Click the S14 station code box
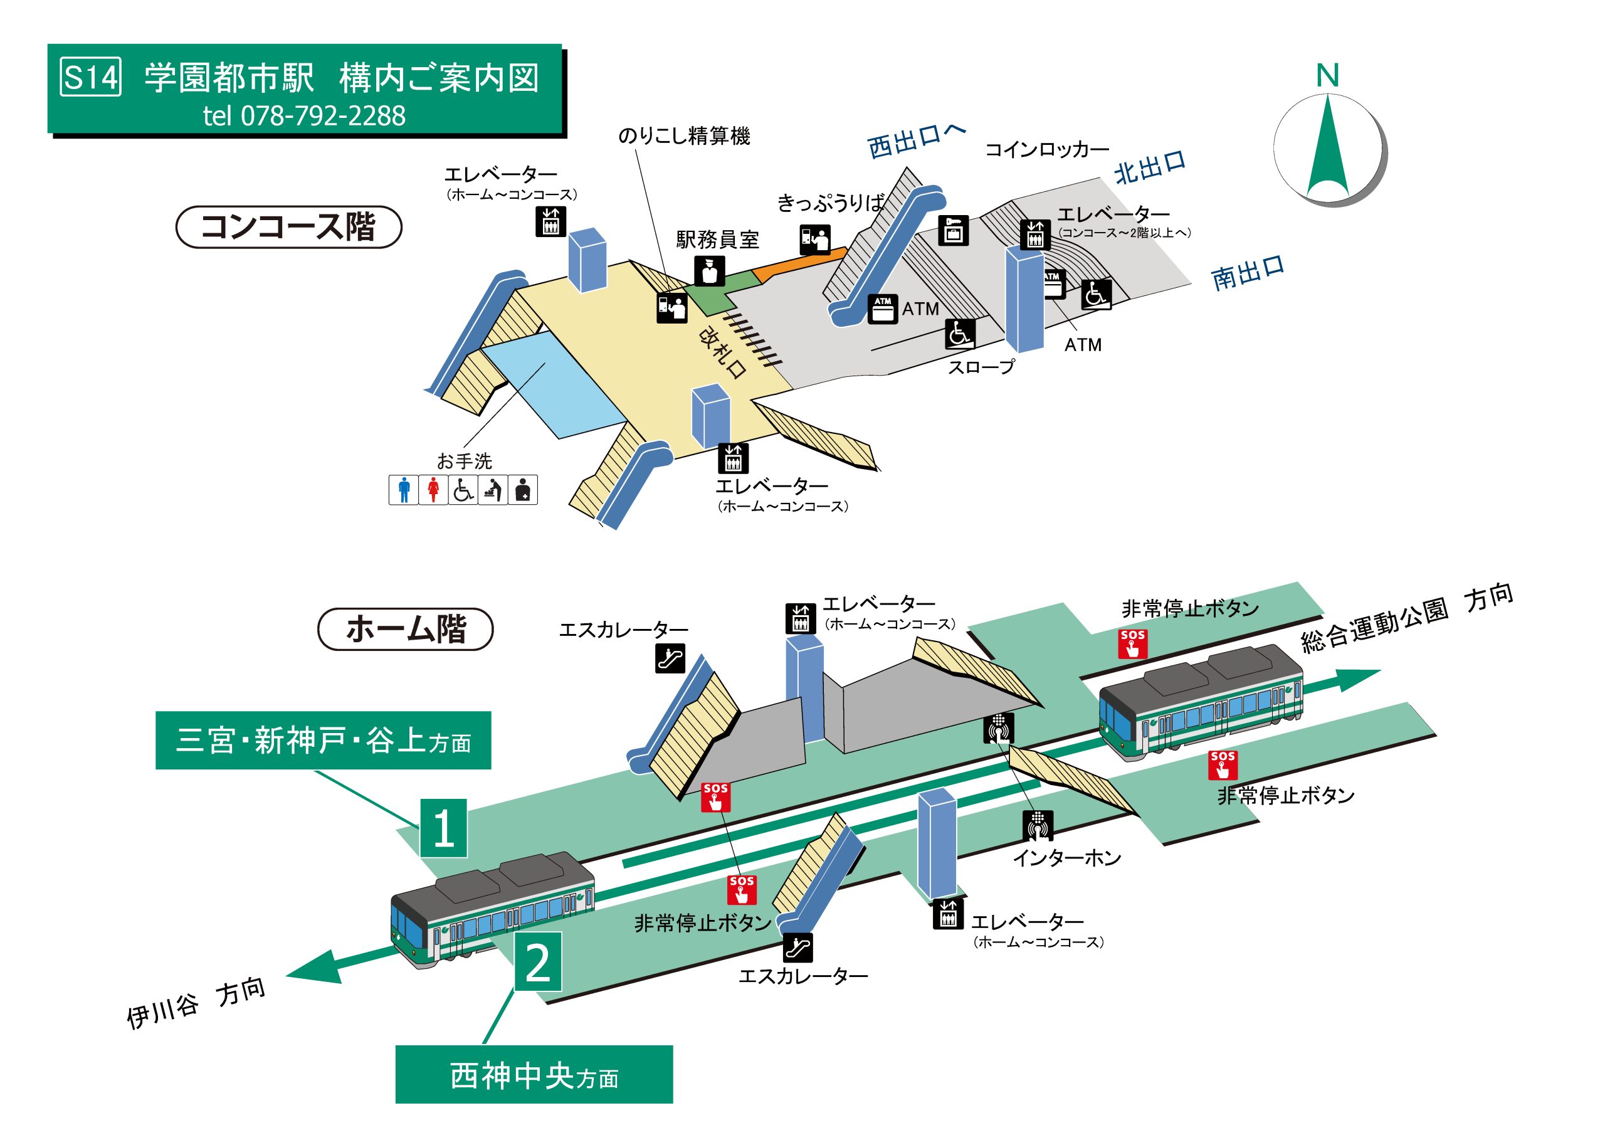point(91,77)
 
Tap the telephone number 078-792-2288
point(323,116)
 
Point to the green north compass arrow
point(1327,146)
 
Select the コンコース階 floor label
point(288,226)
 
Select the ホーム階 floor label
point(406,629)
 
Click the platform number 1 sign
point(443,828)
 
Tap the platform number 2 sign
point(537,961)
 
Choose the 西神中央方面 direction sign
point(534,1075)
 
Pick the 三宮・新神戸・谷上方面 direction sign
point(323,741)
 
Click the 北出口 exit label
point(1150,168)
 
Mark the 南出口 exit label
point(1248,273)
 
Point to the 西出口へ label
point(917,141)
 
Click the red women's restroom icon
point(433,490)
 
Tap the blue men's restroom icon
point(403,490)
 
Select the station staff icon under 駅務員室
point(710,272)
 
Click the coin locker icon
point(954,230)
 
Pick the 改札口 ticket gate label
point(722,352)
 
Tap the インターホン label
point(1066,858)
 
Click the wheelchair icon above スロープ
point(960,334)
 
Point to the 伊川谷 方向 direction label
point(196,1003)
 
